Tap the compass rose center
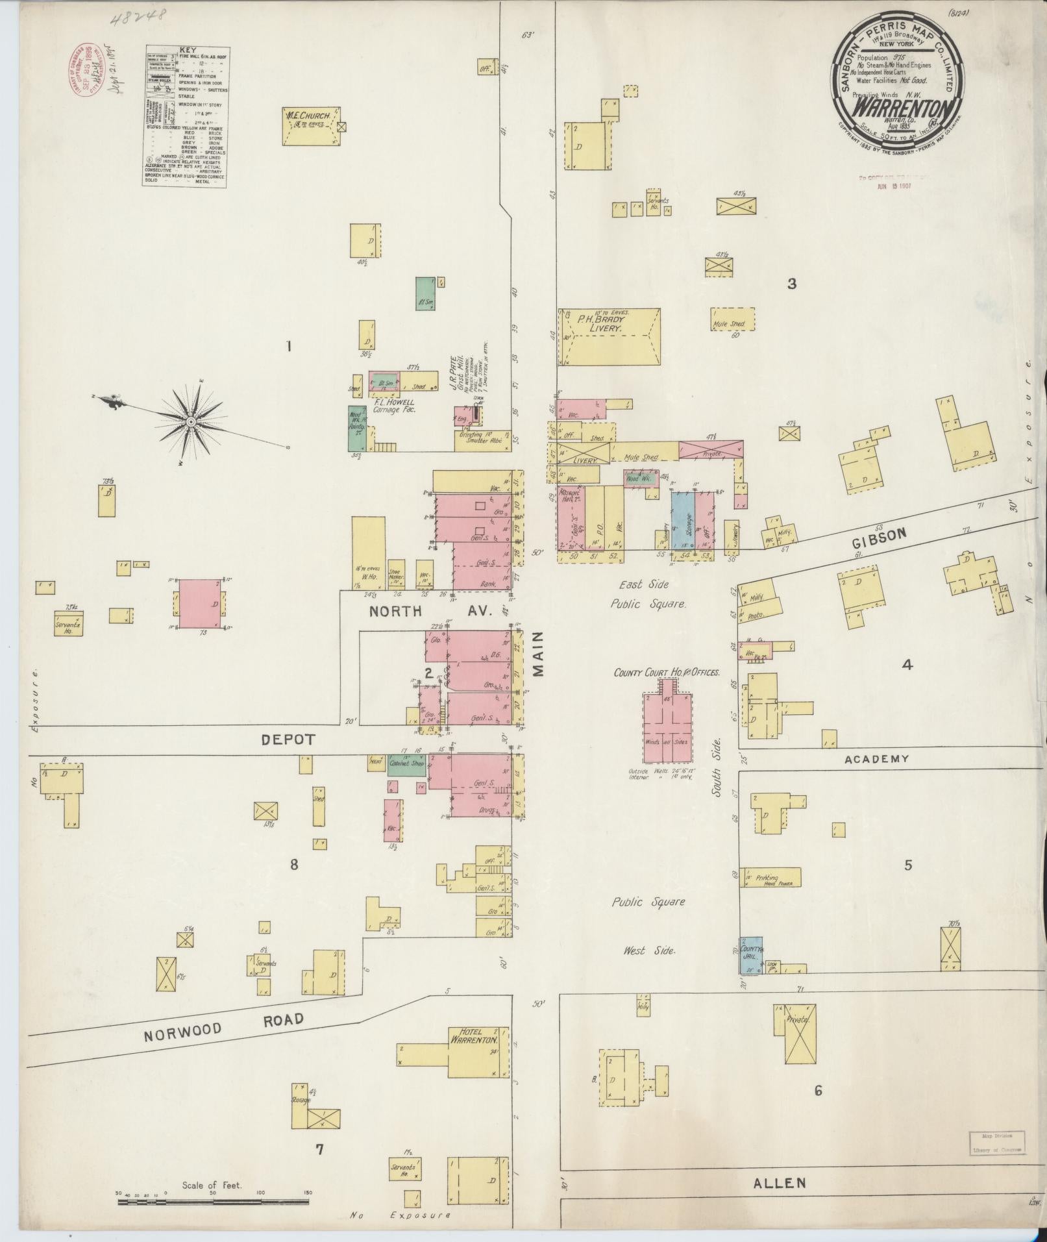tap(191, 422)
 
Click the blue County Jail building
tap(751, 954)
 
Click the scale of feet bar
tap(214, 1202)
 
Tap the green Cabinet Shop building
tap(406, 765)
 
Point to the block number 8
tap(294, 864)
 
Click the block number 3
tap(791, 283)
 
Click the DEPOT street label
tap(288, 739)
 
